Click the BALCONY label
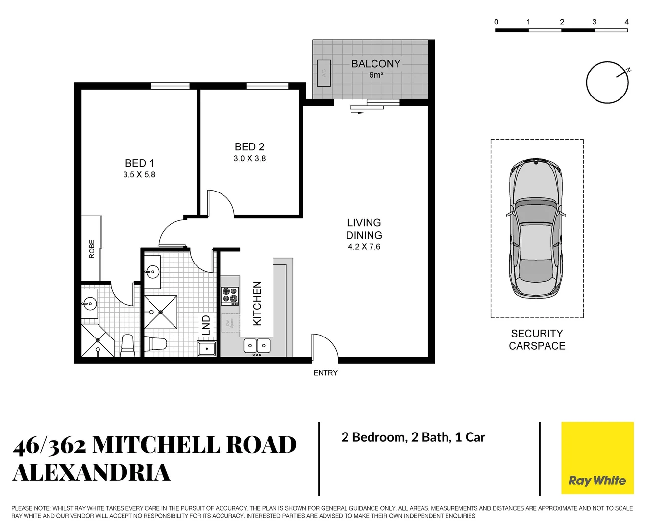point(375,64)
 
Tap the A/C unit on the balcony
point(323,73)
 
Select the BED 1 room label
point(139,163)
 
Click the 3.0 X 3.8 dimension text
point(249,159)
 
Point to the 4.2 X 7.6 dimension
point(364,247)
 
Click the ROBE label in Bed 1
point(92,249)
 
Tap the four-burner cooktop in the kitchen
point(230,296)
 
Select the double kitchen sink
point(257,346)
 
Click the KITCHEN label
point(257,303)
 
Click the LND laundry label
point(206,325)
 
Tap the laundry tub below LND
point(207,349)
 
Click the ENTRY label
point(325,373)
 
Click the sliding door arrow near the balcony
point(357,113)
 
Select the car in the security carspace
point(536,228)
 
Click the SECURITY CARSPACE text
point(537,340)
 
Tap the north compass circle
point(607,83)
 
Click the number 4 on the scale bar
point(626,22)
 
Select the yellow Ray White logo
point(597,458)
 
